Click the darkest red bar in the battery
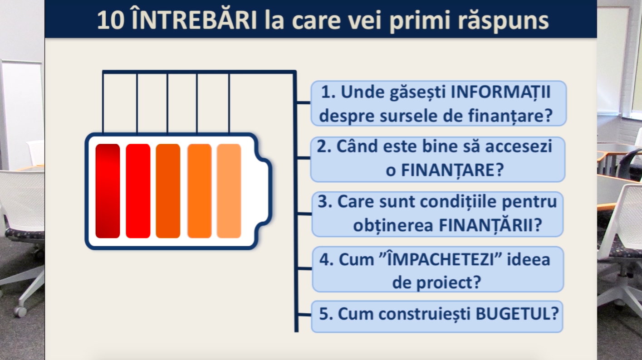click(108, 191)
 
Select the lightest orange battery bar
click(229, 191)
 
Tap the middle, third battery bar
click(168, 191)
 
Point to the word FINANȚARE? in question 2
click(452, 170)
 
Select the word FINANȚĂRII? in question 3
click(490, 225)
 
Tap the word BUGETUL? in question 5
click(517, 314)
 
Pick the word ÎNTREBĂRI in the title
click(195, 19)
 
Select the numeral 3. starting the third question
click(325, 202)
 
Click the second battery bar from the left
click(138, 191)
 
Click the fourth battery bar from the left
click(200, 191)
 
